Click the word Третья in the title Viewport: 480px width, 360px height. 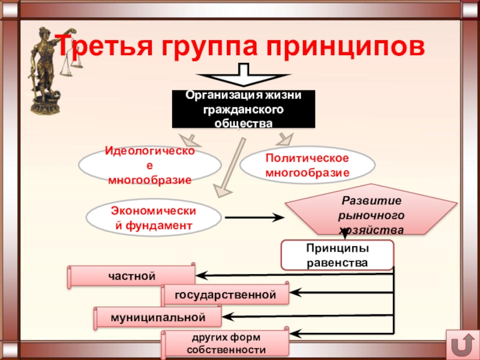pyautogui.click(x=104, y=46)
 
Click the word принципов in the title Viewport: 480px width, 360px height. pyautogui.click(x=346, y=47)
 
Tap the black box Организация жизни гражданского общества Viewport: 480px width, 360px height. pyautogui.click(x=244, y=109)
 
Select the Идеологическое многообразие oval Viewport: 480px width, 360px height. pyautogui.click(x=149, y=165)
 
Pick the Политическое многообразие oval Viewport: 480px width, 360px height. pyautogui.click(x=307, y=165)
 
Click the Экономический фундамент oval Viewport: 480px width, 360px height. pyautogui.click(x=154, y=218)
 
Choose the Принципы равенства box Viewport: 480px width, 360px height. pyautogui.click(x=337, y=255)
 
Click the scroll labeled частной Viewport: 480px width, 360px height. pyautogui.click(x=131, y=276)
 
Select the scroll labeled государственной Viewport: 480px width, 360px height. pyautogui.click(x=225, y=295)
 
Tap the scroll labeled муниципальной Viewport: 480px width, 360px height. pyautogui.click(x=158, y=317)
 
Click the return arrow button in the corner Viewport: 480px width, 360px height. pyautogui.click(x=462, y=344)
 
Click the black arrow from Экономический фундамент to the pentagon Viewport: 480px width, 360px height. pyautogui.click(x=254, y=218)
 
